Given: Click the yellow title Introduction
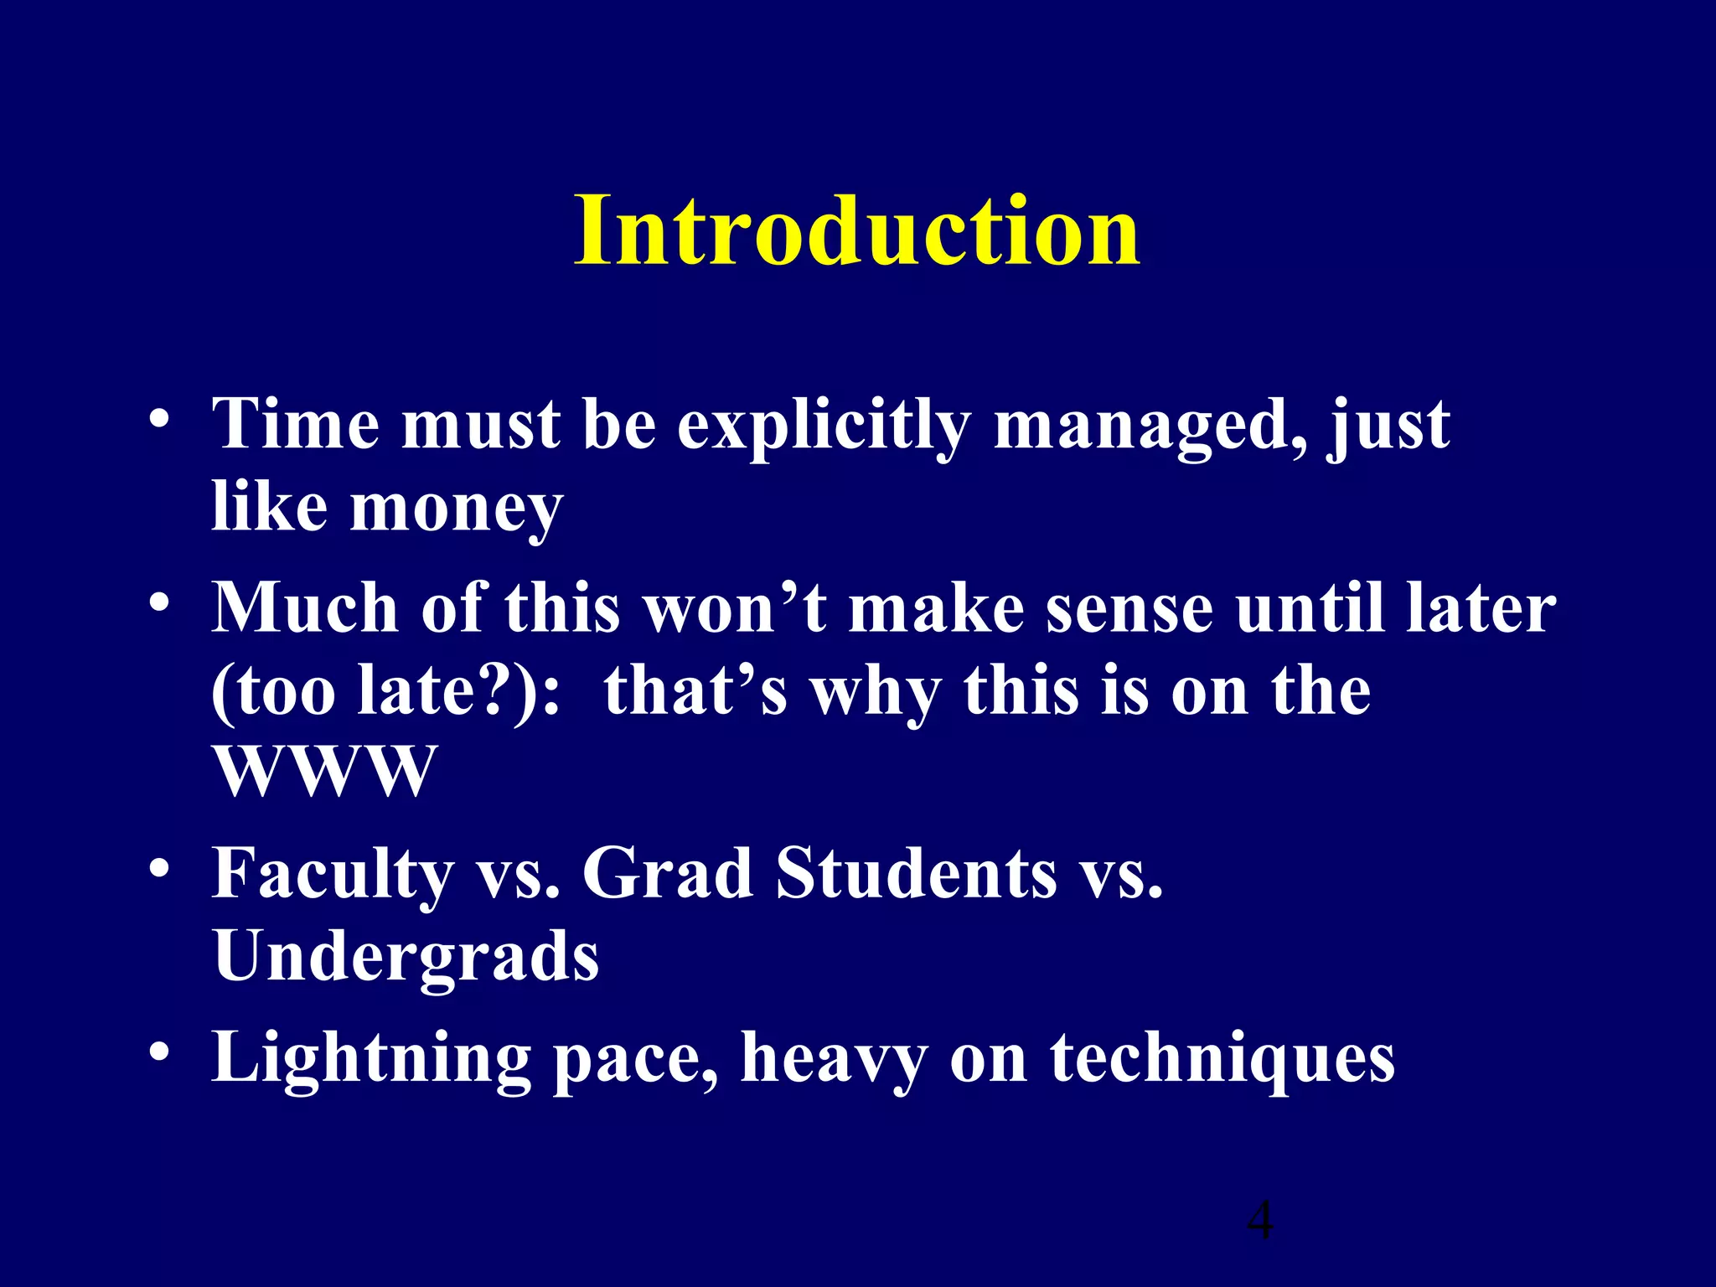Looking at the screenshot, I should point(856,230).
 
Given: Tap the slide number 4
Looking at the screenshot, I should point(1260,1220).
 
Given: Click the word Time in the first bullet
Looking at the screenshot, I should point(296,424).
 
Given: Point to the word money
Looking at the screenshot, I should point(456,509).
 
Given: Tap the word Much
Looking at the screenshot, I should point(305,607).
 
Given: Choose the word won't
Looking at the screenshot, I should point(736,607).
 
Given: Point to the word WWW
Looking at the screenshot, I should point(325,771).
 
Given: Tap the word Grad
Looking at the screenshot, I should point(667,872).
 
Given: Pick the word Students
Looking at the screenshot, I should point(916,872).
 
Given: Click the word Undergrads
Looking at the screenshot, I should point(406,956).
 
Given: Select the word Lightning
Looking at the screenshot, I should point(371,1058).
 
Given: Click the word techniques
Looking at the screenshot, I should point(1222,1058).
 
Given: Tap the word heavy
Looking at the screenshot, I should point(834,1058).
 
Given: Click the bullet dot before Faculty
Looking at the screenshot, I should point(159,868).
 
